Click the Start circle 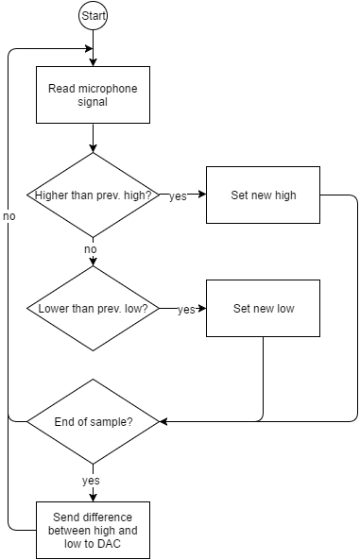94,16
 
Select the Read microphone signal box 93,94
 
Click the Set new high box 263,195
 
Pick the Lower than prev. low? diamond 93,309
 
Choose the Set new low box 263,309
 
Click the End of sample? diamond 93,421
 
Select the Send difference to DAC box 93,530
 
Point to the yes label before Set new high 178,196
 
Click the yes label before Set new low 186,310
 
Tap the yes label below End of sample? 91,480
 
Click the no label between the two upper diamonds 91,249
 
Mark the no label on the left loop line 9,217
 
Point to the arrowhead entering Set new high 202,195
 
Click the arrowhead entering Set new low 202,309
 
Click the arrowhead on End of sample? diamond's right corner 163,421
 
